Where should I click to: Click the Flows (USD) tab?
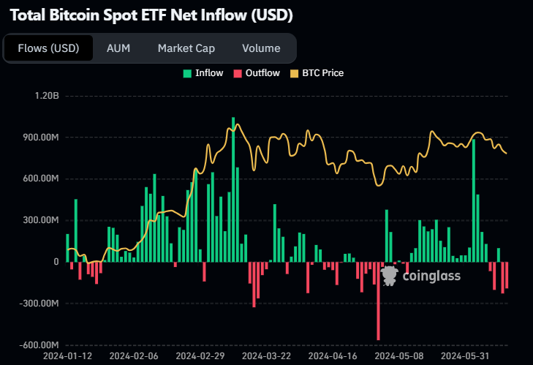(48, 48)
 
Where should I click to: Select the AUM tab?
(118, 48)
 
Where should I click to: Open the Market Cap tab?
(186, 48)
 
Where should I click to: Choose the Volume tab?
(261, 48)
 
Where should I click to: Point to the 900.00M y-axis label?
(40, 138)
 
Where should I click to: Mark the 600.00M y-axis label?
(40, 178)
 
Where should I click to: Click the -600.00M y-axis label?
(39, 345)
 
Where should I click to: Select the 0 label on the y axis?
(56, 262)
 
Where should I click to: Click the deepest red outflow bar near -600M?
(378, 301)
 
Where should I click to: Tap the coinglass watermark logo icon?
(390, 275)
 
